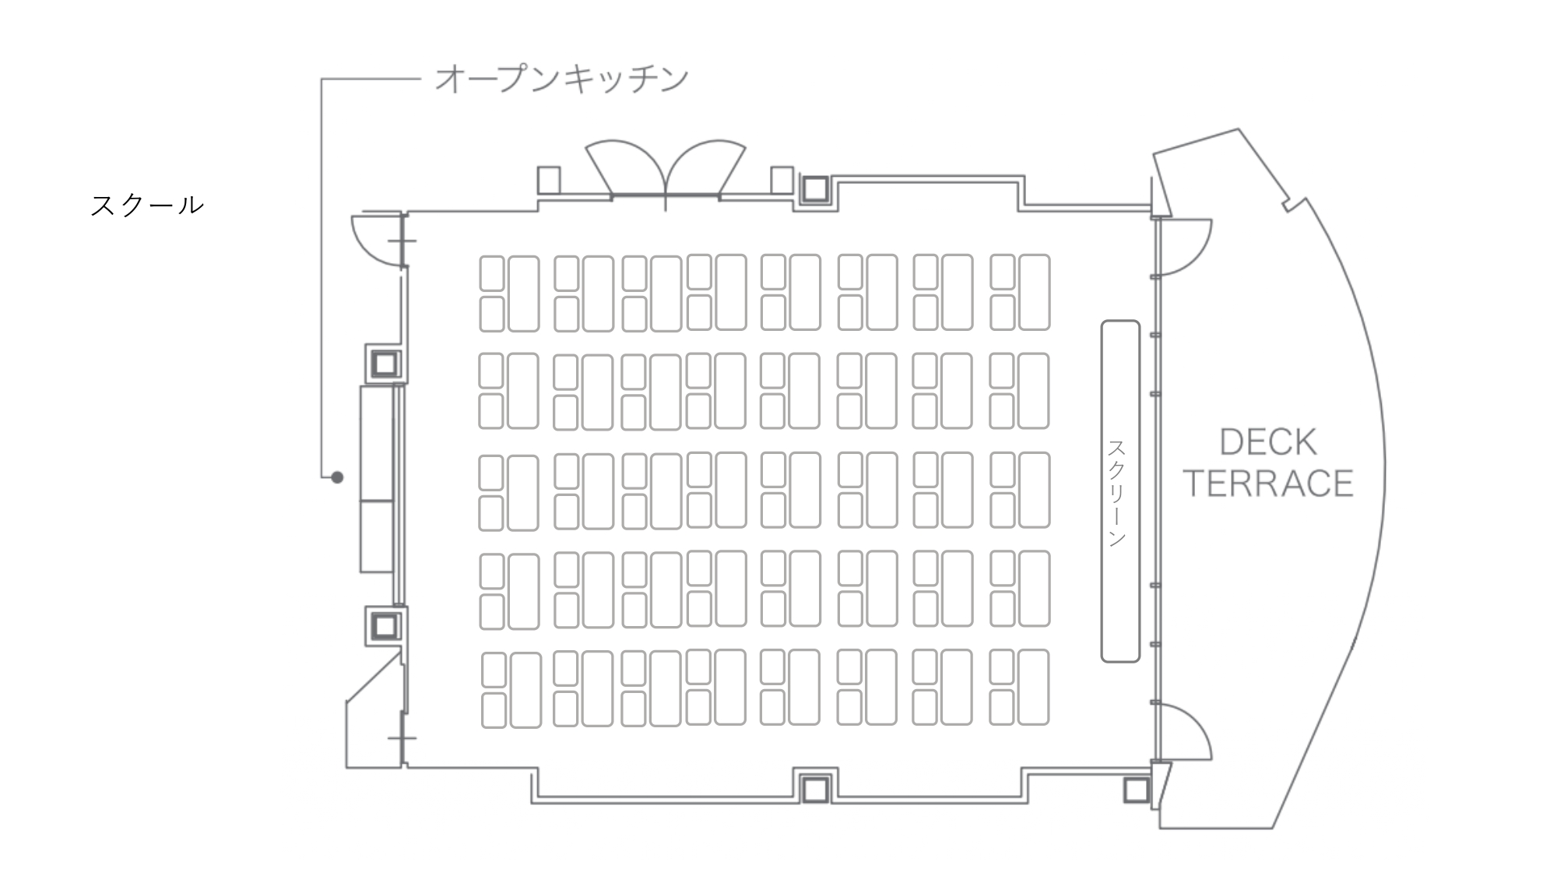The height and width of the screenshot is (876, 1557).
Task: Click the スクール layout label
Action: (147, 206)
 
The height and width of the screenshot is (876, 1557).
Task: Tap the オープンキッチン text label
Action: (561, 79)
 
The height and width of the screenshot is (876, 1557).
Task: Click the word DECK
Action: (1267, 442)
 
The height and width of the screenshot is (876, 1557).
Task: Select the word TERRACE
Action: (1268, 484)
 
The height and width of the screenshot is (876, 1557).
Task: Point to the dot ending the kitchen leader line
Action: (337, 477)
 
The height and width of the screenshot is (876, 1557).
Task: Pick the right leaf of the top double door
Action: (706, 167)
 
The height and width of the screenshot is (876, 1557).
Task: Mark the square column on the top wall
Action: (815, 189)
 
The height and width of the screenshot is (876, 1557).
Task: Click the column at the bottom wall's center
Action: (815, 790)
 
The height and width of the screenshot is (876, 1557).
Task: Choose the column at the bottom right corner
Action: (1136, 790)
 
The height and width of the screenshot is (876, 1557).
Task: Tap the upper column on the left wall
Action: (385, 364)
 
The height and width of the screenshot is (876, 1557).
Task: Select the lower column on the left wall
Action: (385, 625)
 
